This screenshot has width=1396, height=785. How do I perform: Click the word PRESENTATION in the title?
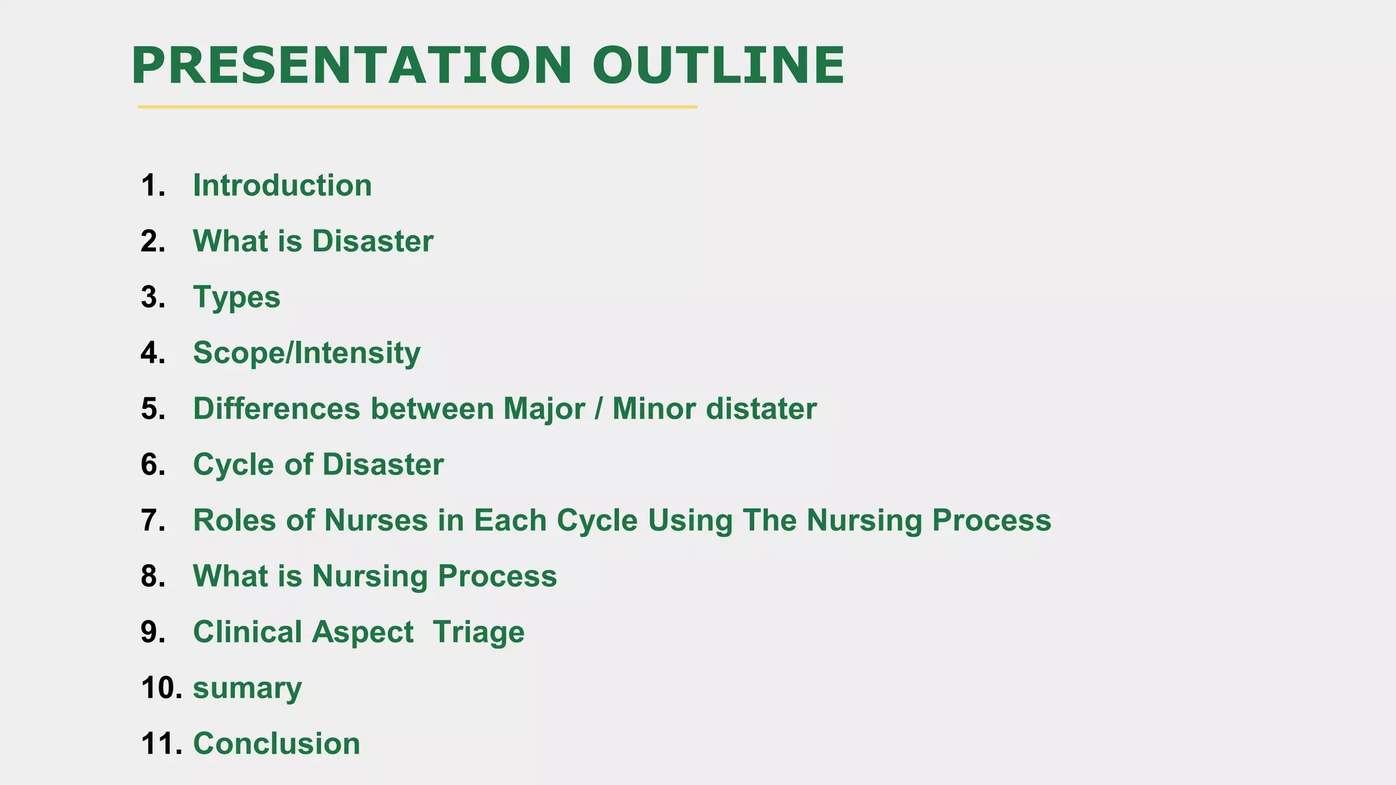[351, 65]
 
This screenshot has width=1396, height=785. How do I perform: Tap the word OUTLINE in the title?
[718, 65]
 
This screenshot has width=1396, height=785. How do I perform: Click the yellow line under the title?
[417, 107]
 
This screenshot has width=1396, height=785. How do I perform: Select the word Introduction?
[282, 185]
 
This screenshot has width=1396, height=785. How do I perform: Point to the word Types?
[237, 297]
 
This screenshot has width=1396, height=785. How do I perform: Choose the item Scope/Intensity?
[307, 353]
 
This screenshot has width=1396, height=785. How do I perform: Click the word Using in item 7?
[690, 521]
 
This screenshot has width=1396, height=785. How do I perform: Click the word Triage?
[479, 632]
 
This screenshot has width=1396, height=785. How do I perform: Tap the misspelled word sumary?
[247, 688]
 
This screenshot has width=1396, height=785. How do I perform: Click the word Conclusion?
[276, 743]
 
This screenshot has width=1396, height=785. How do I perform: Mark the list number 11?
[161, 743]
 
